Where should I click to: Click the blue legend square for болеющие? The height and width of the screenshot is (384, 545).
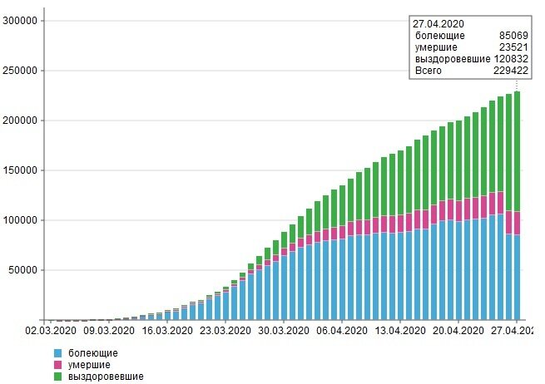point(57,353)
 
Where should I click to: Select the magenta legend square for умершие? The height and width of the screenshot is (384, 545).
point(57,365)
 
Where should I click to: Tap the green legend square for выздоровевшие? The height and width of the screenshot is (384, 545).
point(57,377)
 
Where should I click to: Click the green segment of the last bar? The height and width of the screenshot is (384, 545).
point(517,150)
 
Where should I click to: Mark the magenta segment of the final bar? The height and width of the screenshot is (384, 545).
point(517,223)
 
